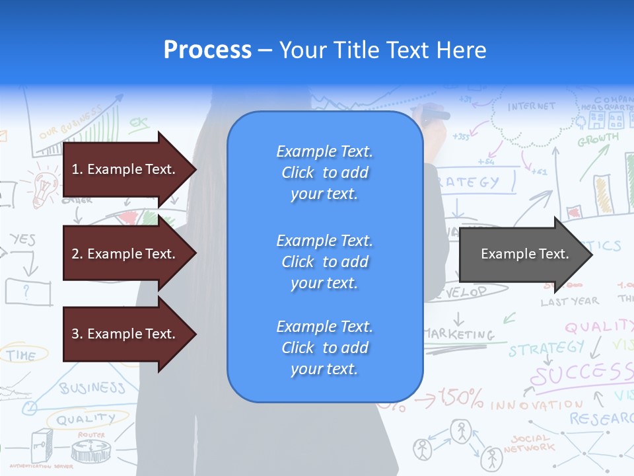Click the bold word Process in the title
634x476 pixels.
(207, 50)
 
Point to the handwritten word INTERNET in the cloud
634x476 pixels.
(532, 106)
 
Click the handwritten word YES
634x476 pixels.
(23, 239)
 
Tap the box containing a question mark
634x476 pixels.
(28, 291)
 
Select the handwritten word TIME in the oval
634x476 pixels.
(21, 355)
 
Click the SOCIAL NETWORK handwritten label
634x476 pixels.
(528, 443)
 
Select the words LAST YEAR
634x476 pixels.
(569, 301)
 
